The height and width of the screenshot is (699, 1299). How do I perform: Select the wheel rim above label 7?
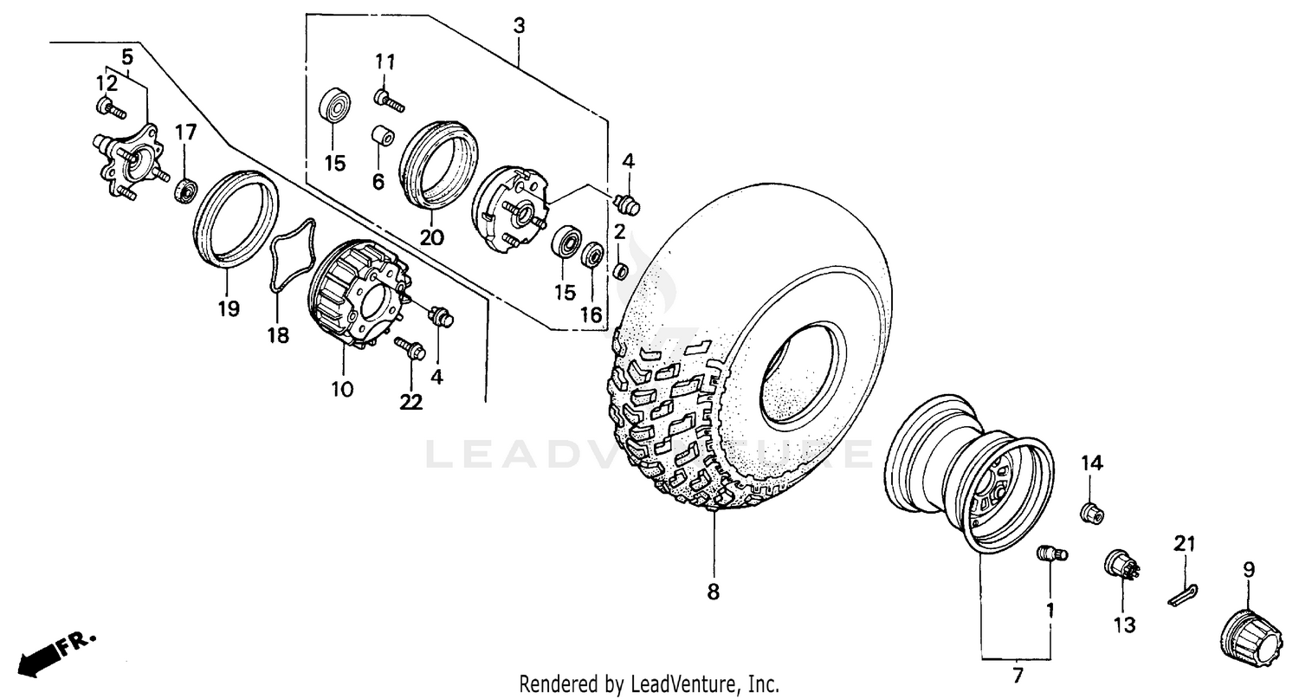(x=970, y=472)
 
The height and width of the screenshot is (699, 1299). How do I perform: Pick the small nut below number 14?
(x=1091, y=513)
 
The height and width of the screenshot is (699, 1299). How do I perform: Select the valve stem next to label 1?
(x=1051, y=553)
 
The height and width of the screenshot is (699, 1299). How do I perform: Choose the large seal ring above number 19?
(x=234, y=217)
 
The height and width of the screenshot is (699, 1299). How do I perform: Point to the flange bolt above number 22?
(x=409, y=349)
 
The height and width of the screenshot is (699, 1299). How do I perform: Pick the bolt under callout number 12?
(x=109, y=108)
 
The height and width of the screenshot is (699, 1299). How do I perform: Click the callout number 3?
(x=518, y=25)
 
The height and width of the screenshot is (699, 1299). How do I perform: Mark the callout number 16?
(x=591, y=314)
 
